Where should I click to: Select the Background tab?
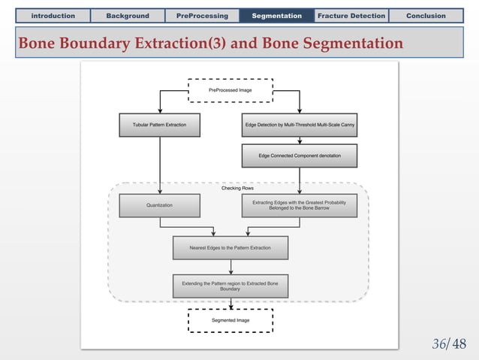127,15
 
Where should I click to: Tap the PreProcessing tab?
202,15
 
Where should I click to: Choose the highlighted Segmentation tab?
276,15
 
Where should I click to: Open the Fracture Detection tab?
351,15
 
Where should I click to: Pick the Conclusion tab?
426,15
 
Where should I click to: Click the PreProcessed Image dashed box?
230,90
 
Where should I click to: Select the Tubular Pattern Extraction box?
159,124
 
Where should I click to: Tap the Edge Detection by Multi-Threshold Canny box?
300,124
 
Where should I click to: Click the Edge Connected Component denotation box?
300,156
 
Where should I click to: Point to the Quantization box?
159,205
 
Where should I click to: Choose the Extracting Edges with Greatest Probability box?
300,205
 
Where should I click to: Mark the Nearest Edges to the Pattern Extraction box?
230,247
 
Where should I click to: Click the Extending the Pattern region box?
230,285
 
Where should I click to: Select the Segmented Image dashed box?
230,320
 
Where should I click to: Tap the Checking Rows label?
237,188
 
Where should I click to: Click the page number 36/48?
449,344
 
